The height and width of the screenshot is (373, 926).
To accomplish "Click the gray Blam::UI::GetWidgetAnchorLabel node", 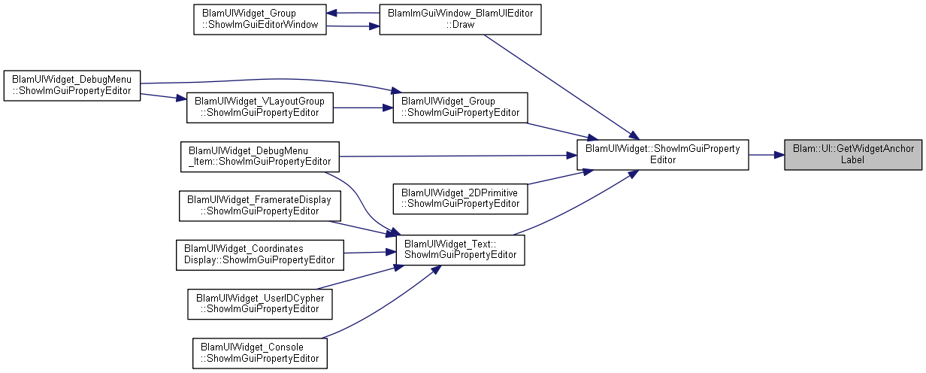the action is [x=853, y=155].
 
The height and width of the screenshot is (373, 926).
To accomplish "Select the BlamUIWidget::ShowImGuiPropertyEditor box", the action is [x=663, y=155].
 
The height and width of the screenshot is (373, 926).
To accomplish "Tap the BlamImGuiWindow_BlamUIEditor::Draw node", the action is [x=460, y=20].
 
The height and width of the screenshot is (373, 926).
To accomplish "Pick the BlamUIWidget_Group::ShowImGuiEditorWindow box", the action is [x=259, y=20].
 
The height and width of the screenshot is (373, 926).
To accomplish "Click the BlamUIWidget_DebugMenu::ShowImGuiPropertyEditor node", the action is [x=72, y=86].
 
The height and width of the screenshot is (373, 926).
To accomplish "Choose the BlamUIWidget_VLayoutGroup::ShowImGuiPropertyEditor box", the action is [x=259, y=108].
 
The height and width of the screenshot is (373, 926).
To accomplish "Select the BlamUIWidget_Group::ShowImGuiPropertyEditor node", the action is [x=460, y=108].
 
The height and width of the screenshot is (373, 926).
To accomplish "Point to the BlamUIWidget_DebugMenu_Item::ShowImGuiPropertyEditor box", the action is [x=259, y=156].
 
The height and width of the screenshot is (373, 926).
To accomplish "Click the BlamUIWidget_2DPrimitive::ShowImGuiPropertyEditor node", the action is [x=460, y=199].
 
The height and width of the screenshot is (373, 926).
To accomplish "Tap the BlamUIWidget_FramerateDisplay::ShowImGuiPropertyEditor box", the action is [x=259, y=206].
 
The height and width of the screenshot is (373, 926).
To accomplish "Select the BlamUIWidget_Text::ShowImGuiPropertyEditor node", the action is [x=460, y=250].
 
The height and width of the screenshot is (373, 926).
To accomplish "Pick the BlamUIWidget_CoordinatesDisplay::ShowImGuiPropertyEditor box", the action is [x=259, y=255].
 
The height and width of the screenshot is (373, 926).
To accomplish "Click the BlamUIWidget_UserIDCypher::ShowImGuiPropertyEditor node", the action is [x=259, y=305].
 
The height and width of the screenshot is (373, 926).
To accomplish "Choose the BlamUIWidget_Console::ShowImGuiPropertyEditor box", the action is [x=259, y=353].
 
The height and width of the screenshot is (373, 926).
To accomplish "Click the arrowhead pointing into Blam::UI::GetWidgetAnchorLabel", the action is [x=779, y=155].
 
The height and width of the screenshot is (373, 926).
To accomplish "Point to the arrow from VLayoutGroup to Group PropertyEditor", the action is [x=363, y=108].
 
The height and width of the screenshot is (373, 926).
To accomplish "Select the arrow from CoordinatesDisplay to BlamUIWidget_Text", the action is [x=370, y=252].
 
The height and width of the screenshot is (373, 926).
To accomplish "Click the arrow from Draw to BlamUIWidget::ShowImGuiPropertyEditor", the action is [x=561, y=86].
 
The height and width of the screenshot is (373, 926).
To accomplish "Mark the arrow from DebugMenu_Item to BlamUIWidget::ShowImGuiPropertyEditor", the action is [x=458, y=156].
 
